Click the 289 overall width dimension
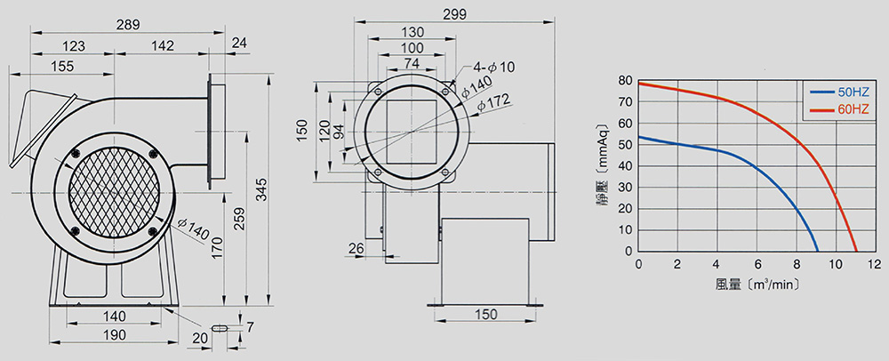tap(127, 25)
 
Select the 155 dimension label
tap(62, 67)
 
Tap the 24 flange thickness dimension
tap(240, 43)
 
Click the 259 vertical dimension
tap(239, 218)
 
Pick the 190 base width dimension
tap(115, 335)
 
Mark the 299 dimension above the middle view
tap(454, 15)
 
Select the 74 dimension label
tap(412, 63)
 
